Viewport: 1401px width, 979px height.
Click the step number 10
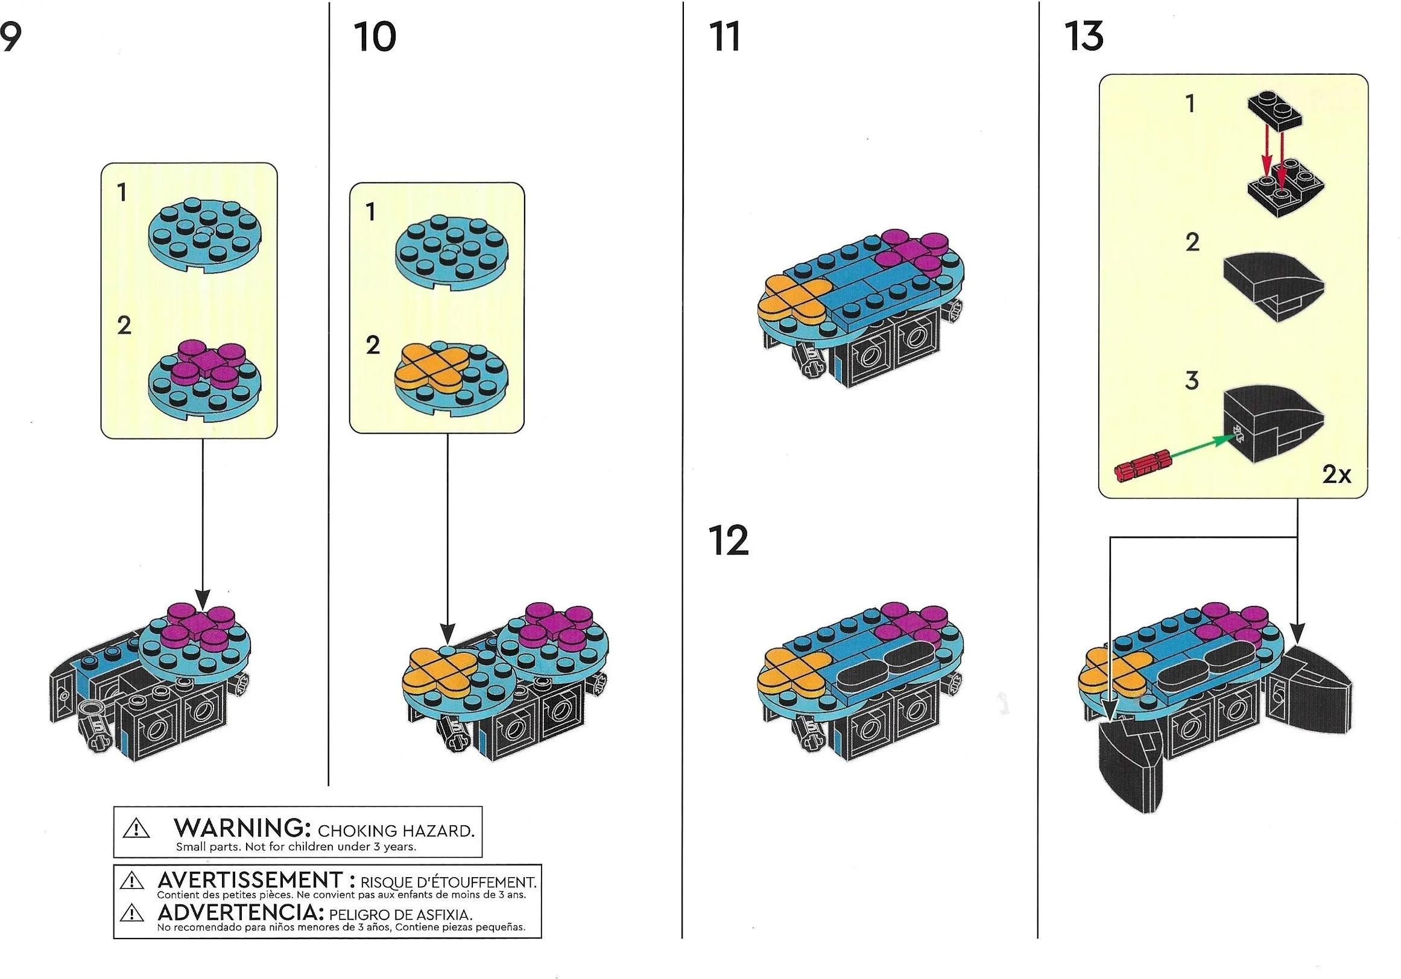[375, 37]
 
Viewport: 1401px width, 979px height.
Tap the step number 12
[728, 540]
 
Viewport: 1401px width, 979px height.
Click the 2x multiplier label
[1336, 474]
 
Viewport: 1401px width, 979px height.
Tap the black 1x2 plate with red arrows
[1276, 115]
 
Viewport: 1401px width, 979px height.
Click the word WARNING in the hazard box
[239, 828]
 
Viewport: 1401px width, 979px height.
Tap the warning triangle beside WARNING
[136, 828]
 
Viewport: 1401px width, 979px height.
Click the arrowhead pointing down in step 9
[202, 599]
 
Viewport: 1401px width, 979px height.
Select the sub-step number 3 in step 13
[1191, 380]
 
